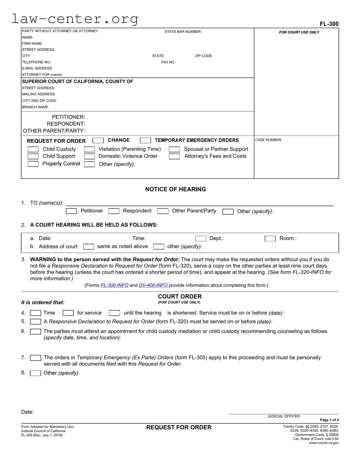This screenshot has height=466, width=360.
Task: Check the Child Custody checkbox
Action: click(33, 149)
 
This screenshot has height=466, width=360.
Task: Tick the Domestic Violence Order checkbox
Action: click(89, 156)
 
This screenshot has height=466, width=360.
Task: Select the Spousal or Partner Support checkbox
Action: click(174, 149)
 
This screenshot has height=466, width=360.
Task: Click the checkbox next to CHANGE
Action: click(98, 140)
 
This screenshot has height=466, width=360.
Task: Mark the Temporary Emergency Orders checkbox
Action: click(145, 140)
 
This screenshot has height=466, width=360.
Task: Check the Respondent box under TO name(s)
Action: click(114, 211)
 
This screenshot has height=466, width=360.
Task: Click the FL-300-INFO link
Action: click(114, 285)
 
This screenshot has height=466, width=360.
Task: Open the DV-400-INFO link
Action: click(153, 285)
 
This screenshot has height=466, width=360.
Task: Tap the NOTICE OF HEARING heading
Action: click(175, 189)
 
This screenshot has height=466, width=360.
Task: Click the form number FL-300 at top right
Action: click(329, 24)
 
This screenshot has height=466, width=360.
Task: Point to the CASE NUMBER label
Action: click(268, 140)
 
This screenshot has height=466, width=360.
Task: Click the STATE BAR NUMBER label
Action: click(183, 32)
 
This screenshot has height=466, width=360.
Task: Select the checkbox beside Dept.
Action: click(201, 239)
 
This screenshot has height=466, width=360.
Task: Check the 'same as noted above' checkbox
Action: click(89, 247)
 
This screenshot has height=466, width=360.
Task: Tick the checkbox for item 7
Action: click(36, 358)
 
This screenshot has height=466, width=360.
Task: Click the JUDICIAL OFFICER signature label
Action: click(283, 416)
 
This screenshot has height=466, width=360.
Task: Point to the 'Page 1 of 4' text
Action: click(329, 420)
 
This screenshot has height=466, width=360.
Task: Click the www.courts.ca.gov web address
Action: click(324, 443)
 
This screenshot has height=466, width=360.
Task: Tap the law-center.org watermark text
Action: click(75, 19)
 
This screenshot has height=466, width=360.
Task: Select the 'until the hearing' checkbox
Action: click(114, 313)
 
